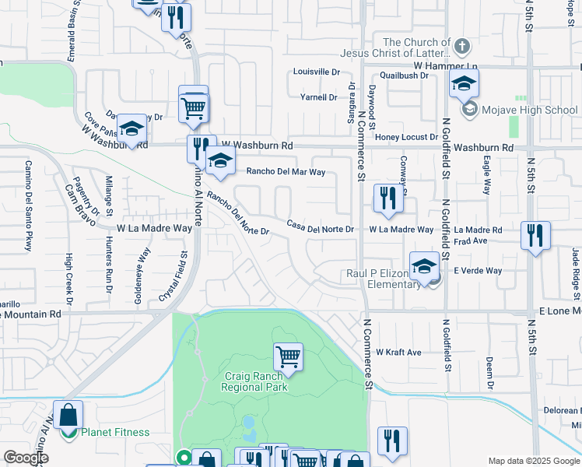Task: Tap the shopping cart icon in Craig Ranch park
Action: pyautogui.click(x=288, y=356)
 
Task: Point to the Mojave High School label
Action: pyautogui.click(x=529, y=110)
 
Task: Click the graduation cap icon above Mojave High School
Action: pyautogui.click(x=464, y=84)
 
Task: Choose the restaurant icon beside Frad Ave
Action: pyautogui.click(x=535, y=235)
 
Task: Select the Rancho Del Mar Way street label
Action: pyautogui.click(x=286, y=172)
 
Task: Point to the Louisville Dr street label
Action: pyautogui.click(x=317, y=72)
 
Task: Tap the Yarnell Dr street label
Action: pyautogui.click(x=319, y=97)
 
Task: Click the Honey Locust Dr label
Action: pyautogui.click(x=407, y=137)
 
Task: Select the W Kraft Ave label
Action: pyautogui.click(x=398, y=353)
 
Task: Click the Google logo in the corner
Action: pyautogui.click(x=26, y=458)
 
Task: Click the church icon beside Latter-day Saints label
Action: pyautogui.click(x=461, y=46)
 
